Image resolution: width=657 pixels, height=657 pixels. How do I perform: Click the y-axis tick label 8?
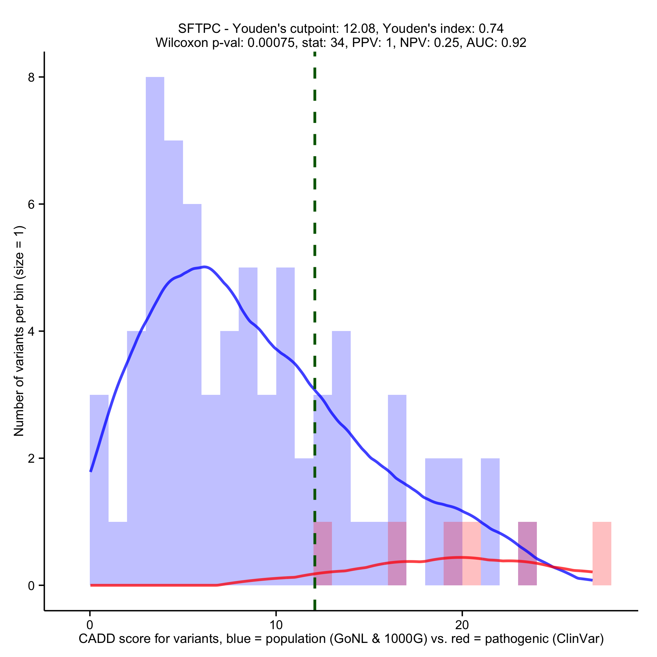point(31,78)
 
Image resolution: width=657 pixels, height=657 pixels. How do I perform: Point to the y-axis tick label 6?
point(31,204)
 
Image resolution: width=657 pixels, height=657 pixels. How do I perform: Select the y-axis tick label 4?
point(31,332)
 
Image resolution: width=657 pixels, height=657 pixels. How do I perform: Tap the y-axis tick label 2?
point(31,458)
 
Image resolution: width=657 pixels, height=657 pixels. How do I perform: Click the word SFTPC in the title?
point(199,28)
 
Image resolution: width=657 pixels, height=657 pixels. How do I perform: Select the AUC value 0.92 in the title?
point(514,43)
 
